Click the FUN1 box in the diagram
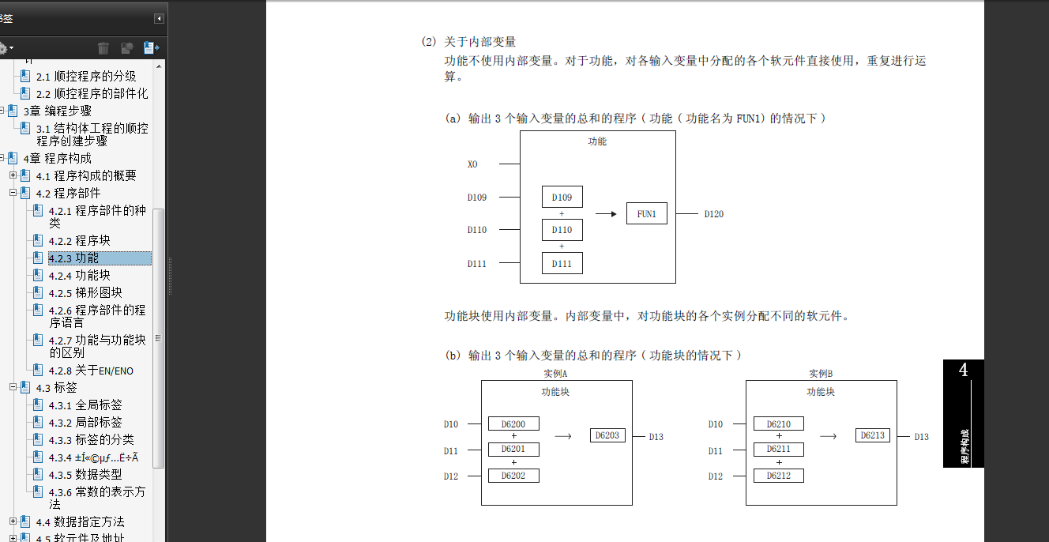(647, 213)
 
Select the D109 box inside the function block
(562, 197)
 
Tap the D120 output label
(714, 214)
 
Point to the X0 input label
(472, 164)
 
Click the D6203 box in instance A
(607, 435)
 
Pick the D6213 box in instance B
(873, 435)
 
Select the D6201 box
(513, 450)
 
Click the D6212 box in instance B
(778, 476)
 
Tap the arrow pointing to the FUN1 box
(605, 213)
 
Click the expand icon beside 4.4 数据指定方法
(13, 521)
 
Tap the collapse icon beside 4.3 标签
(13, 387)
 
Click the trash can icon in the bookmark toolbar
(103, 49)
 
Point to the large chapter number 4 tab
(963, 371)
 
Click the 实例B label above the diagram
(821, 373)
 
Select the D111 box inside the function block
(562, 263)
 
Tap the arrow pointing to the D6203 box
(563, 435)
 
